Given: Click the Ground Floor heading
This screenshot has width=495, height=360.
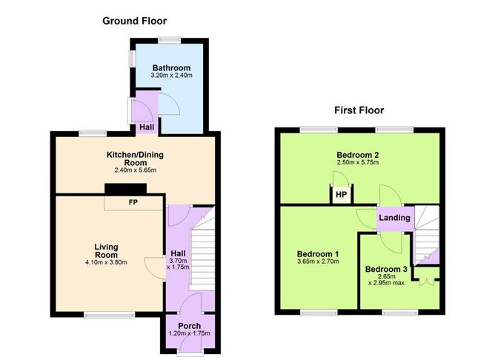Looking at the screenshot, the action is click(134, 21).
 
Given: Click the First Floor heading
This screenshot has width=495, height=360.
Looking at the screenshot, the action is click(359, 110).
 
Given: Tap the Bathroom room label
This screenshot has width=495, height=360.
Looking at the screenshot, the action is click(171, 68).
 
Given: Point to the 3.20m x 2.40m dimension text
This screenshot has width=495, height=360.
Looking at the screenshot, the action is click(171, 76).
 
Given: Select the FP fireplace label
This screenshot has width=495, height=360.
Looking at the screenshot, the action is click(133, 202).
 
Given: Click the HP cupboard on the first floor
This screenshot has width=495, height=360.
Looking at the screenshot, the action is click(342, 195).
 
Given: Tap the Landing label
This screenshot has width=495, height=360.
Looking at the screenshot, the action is click(395, 218).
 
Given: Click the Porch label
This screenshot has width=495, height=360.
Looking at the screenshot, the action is click(190, 326).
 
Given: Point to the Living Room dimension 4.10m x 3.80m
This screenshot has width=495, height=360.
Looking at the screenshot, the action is click(106, 262).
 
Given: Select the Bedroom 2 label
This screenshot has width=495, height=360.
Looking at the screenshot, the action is click(358, 155).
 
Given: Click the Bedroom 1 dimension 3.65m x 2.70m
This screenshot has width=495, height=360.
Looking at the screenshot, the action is click(318, 261).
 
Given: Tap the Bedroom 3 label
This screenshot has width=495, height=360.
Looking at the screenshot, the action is click(386, 269).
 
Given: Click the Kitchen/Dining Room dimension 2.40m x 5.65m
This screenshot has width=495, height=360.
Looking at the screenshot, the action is click(135, 170).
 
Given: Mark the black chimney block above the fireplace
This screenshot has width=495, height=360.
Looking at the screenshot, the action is click(126, 189).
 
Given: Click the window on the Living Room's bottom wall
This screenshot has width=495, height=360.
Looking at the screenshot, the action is click(109, 315).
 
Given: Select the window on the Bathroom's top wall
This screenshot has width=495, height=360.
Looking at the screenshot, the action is click(170, 41).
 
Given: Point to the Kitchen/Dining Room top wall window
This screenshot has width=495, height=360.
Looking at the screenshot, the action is click(93, 133).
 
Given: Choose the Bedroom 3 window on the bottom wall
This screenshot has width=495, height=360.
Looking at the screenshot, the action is click(400, 313).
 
